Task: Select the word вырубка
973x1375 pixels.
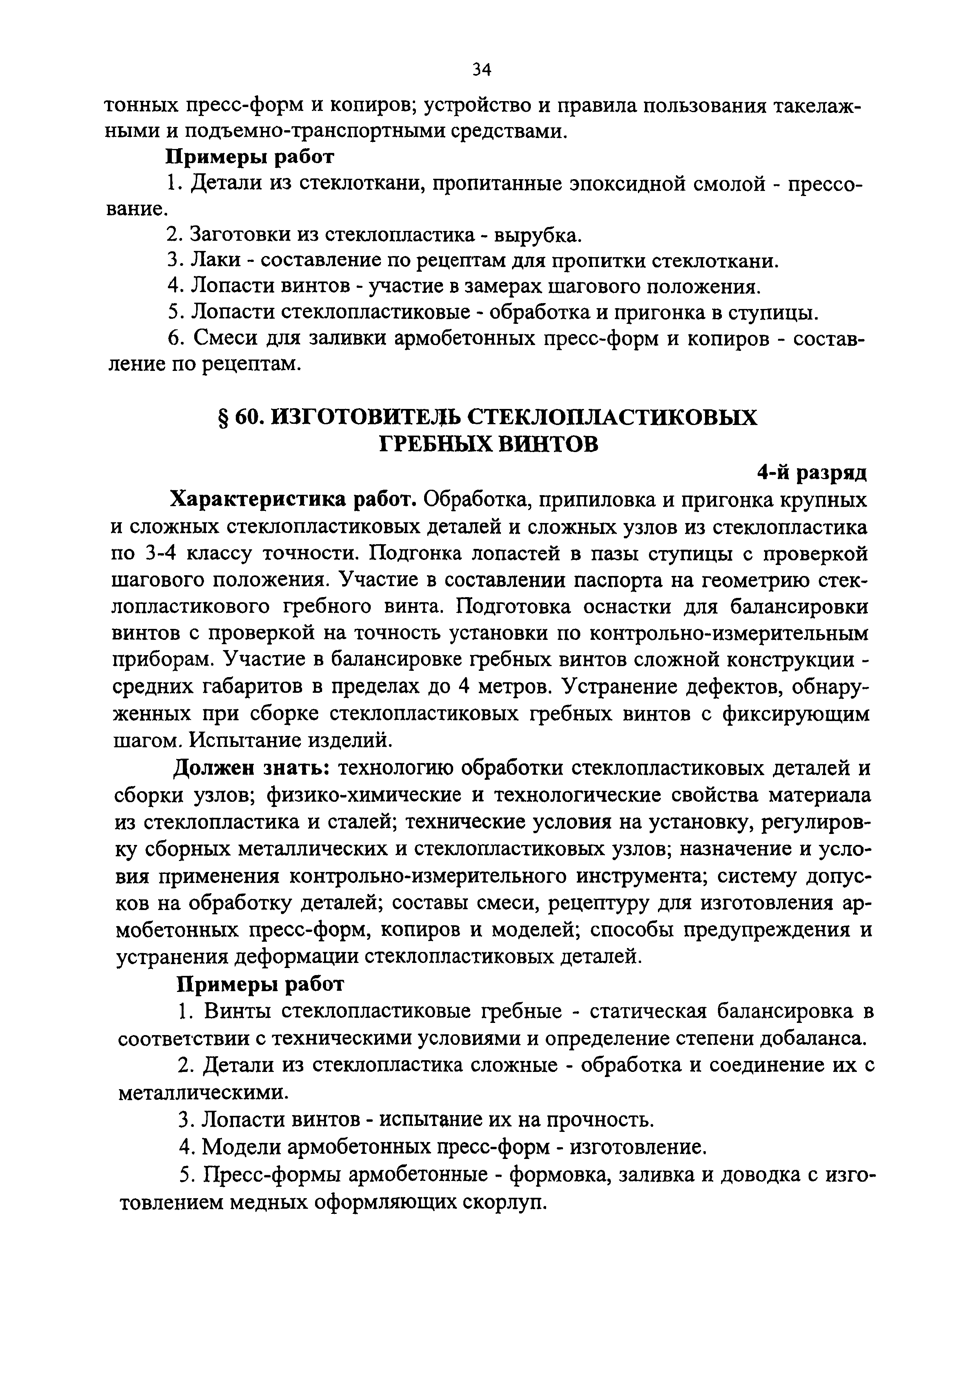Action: click(538, 235)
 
